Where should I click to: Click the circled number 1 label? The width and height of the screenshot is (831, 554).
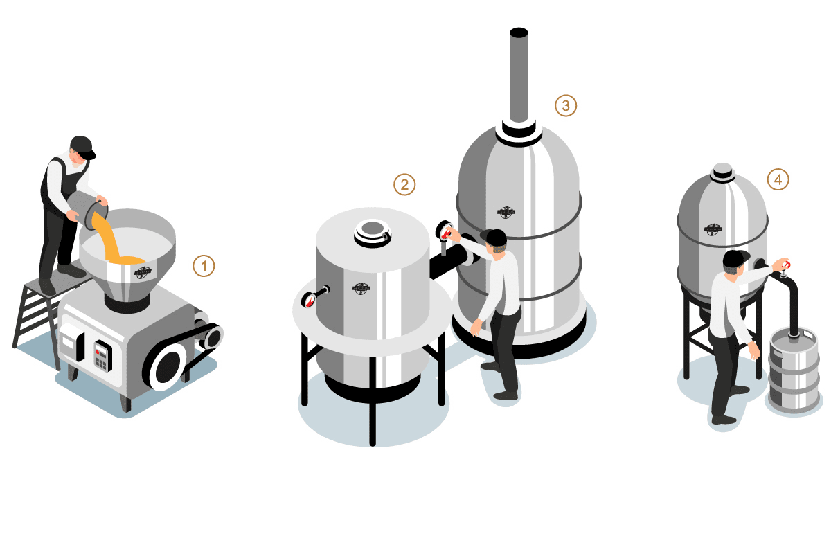coord(204,266)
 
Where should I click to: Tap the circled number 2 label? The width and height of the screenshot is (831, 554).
coord(404,184)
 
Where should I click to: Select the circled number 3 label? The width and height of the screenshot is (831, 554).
coord(565,105)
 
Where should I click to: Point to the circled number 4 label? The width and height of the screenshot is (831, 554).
coord(778,180)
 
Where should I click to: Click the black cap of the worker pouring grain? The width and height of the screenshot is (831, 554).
coord(83,145)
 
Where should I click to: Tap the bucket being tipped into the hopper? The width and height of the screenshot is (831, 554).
coord(87,207)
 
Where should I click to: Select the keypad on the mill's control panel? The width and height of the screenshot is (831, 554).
coord(102,355)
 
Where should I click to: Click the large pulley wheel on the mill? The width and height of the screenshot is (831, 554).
coord(167,368)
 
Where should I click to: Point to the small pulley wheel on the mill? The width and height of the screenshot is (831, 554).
coord(212,337)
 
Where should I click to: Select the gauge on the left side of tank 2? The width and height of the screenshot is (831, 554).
coord(312,297)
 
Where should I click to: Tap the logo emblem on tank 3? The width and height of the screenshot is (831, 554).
coord(506,212)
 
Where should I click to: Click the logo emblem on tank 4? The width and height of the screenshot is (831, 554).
coord(713,229)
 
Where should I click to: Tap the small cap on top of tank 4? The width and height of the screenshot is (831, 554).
coord(723,170)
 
